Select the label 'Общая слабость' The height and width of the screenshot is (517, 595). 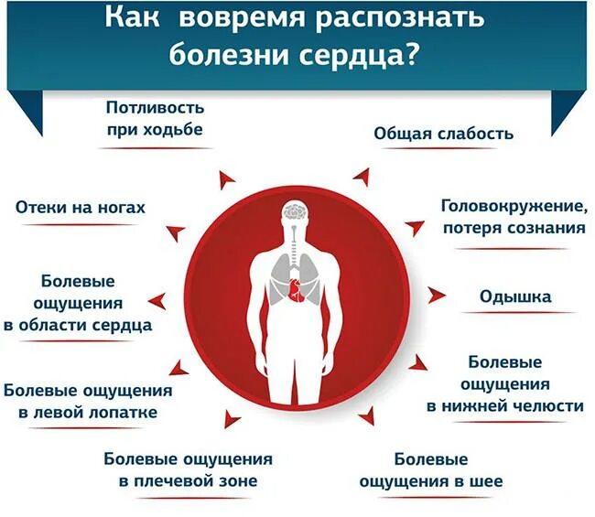(x=443, y=134)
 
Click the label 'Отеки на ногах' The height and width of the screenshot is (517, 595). (x=81, y=208)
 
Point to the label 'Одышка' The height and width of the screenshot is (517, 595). (x=515, y=296)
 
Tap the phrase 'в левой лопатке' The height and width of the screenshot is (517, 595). (x=88, y=412)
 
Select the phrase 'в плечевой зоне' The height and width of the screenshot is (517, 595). (x=188, y=480)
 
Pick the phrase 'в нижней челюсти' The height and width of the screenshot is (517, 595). (x=504, y=405)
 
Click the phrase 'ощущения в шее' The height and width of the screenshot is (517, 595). (x=431, y=480)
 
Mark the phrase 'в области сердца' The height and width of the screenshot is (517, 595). (x=84, y=324)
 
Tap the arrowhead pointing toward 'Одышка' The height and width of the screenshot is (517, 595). (x=438, y=296)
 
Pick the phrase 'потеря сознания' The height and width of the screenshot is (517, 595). (x=514, y=228)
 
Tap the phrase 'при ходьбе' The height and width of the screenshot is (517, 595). (x=154, y=129)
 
